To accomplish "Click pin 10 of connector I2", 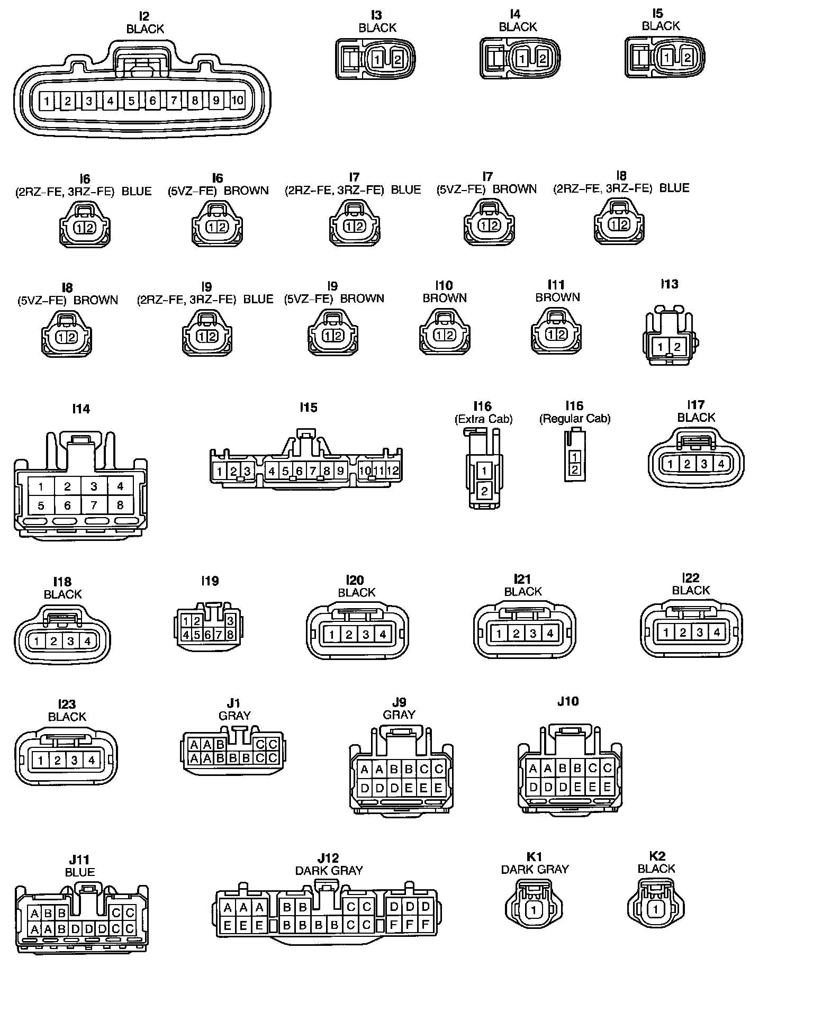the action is point(238,100).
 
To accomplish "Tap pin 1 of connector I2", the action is point(47,101).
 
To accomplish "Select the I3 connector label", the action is point(376,15).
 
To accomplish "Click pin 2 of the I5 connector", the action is point(686,57).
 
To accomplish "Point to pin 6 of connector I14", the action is point(67,505).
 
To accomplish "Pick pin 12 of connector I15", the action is point(392,470).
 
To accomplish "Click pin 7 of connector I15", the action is point(313,471).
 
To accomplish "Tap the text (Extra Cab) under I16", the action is point(483,419).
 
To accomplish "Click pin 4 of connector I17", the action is point(720,464).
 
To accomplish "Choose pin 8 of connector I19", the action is point(230,634).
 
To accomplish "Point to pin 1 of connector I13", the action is point(661,347).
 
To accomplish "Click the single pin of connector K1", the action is point(534,910).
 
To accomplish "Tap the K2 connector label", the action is point(657,856).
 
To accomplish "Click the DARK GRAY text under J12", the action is point(329,870).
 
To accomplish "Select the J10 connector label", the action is point(568,701).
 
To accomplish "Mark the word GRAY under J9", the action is point(399,715).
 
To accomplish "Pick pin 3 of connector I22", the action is point(700,632).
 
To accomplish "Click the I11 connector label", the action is point(557,285).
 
